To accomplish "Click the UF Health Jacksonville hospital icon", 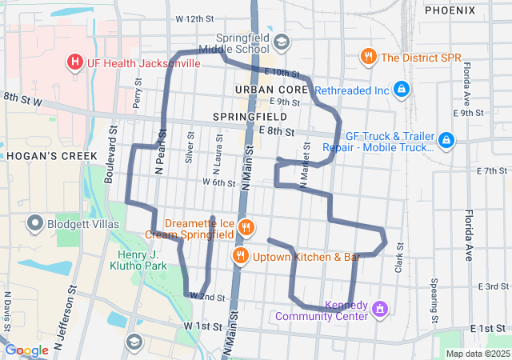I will point(75,62).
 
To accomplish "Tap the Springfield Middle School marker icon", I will point(281,41).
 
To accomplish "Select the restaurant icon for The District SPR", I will point(368,57).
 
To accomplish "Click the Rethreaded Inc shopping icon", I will point(402,90).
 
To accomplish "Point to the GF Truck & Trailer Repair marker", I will point(446,142).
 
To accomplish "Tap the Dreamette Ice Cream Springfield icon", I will point(246,227).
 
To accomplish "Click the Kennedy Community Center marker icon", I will point(380,309).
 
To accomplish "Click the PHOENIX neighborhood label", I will point(454,10).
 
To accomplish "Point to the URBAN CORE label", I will point(272,88).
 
